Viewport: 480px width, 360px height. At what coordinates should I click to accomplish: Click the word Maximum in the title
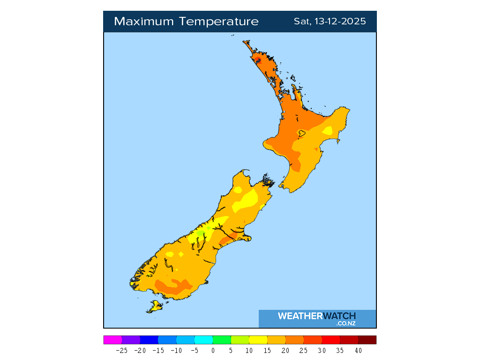[x=141, y=22]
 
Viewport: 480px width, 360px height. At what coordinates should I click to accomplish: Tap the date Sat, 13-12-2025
[x=330, y=22]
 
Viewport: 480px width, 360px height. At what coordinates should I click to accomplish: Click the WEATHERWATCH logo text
[x=317, y=316]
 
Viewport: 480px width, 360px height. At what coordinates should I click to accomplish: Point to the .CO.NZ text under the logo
[x=345, y=323]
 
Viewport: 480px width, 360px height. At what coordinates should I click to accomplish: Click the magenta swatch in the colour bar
[x=112, y=340]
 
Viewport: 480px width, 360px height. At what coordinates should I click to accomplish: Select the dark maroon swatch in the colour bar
[x=367, y=340]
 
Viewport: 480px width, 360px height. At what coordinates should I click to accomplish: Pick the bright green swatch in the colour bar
[x=222, y=340]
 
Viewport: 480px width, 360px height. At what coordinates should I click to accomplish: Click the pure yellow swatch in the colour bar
[x=258, y=340]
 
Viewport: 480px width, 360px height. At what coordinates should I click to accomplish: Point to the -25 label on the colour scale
[x=121, y=350]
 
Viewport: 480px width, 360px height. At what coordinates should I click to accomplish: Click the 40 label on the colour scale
[x=358, y=350]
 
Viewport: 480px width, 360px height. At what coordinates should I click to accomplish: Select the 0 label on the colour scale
[x=213, y=350]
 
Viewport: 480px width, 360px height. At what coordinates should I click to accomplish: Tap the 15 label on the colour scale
[x=267, y=350]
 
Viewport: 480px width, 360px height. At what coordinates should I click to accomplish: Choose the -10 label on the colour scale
[x=176, y=350]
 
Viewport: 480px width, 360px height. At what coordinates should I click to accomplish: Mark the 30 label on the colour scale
[x=322, y=350]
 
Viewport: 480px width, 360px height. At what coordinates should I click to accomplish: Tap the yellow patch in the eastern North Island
[x=328, y=130]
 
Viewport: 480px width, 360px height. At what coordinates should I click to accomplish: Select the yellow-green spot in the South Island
[x=201, y=232]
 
